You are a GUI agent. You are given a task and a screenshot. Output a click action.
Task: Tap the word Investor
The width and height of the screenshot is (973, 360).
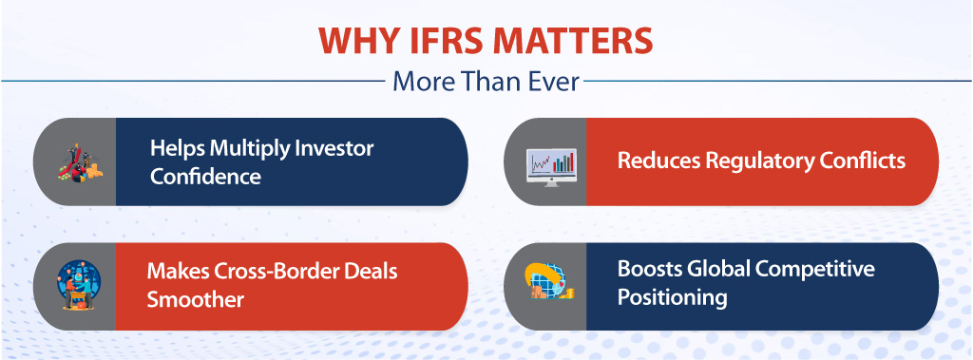(336, 149)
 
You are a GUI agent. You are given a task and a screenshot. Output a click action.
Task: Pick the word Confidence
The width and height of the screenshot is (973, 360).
(206, 177)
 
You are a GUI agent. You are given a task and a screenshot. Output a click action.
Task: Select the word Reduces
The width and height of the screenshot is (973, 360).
(658, 161)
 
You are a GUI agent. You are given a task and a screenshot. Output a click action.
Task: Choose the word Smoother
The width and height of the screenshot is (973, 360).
(195, 299)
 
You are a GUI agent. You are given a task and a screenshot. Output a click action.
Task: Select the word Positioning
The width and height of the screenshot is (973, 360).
(672, 297)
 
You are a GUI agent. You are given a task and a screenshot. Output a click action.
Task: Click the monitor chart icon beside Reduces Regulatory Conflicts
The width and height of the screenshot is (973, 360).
(550, 161)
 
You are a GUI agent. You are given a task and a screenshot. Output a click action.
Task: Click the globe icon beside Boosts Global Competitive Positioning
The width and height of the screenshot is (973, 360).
(549, 286)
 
